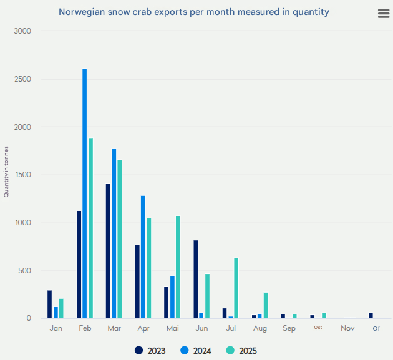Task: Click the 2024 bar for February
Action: tap(85, 193)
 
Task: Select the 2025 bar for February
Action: tap(90, 228)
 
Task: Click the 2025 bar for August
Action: tap(265, 305)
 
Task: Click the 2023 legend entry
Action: tap(150, 351)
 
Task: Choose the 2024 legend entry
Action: tap(196, 351)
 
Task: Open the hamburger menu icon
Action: tap(384, 14)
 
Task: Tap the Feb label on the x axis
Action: tap(85, 328)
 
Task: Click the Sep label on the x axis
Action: tap(289, 328)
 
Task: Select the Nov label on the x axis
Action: tap(347, 328)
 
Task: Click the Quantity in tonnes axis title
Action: tap(7, 175)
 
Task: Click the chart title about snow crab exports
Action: tap(194, 12)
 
